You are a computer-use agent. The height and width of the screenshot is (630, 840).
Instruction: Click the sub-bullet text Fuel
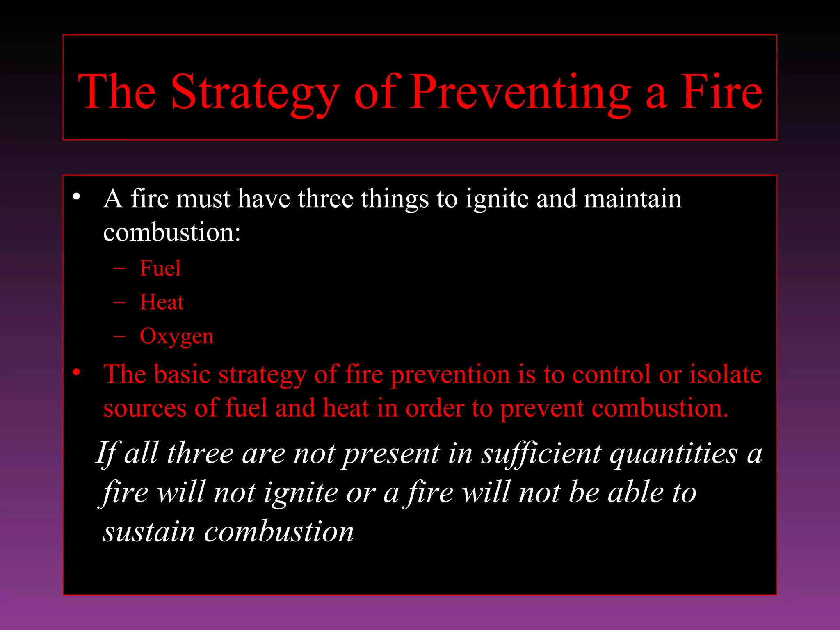coord(160,268)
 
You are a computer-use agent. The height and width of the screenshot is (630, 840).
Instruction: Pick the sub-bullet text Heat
coord(162,302)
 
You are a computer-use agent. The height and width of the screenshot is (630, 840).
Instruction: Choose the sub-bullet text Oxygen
coord(176,337)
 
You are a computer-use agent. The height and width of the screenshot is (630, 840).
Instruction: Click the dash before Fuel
coord(119,269)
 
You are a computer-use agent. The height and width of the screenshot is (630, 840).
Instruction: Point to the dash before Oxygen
coord(119,337)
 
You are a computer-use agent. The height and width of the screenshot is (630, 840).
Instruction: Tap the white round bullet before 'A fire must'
coord(76,197)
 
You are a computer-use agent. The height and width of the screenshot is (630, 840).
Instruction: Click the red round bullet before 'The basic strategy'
coord(76,372)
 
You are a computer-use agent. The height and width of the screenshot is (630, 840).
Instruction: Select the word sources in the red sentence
coord(145,409)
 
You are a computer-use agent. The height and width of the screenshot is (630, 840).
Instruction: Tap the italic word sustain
coord(148,532)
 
